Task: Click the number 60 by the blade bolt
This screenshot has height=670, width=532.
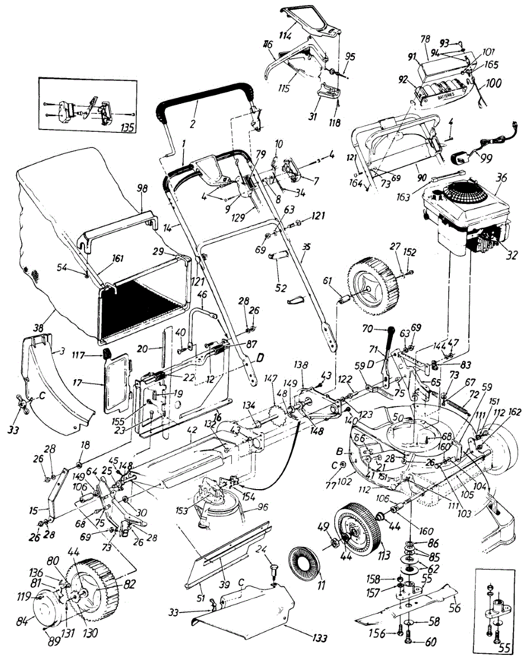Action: [431, 643]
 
